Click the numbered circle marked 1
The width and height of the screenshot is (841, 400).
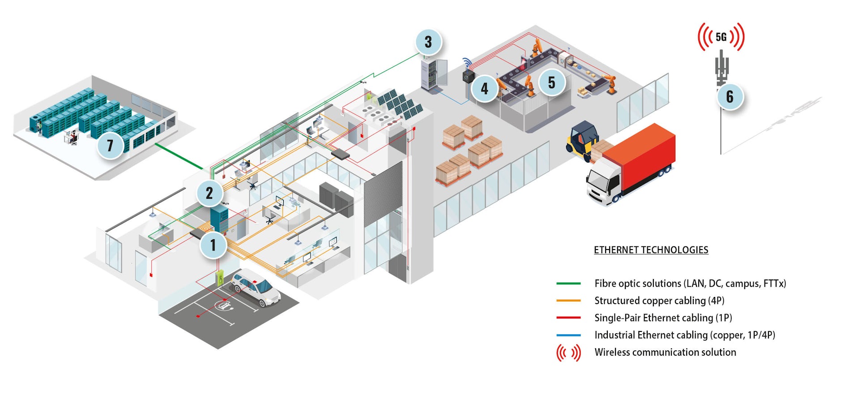click(213, 245)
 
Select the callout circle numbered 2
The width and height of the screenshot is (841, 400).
click(209, 193)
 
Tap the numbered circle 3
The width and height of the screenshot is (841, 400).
click(428, 42)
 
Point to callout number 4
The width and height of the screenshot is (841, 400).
click(484, 89)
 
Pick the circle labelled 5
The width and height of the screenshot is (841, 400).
click(551, 82)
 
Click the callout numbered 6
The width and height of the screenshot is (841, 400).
click(730, 96)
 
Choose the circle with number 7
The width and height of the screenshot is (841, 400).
click(110, 145)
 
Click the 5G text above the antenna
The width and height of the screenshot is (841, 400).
click(721, 37)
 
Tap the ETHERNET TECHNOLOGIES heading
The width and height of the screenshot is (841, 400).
click(651, 250)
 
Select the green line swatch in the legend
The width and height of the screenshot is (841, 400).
click(568, 284)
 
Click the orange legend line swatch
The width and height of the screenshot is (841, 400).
click(568, 301)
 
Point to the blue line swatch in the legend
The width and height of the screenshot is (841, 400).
click(568, 335)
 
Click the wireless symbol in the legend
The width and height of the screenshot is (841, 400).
click(568, 353)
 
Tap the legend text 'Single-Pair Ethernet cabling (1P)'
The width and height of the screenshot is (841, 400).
click(663, 318)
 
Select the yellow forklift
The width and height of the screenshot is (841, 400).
click(581, 138)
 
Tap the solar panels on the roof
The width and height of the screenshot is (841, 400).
click(400, 105)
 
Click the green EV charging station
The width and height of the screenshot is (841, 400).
click(220, 278)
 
